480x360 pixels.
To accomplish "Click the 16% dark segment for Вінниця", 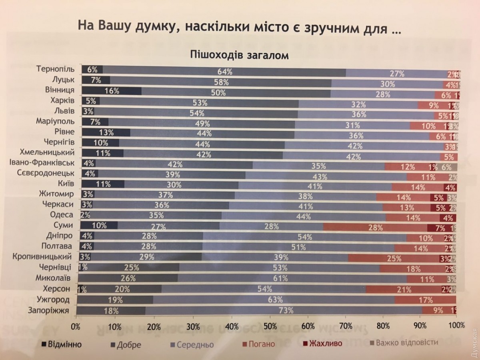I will click(x=112, y=91).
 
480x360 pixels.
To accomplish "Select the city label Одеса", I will click(x=62, y=215).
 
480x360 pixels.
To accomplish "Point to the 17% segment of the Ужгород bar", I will click(x=425, y=300).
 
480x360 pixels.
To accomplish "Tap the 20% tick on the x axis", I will click(x=153, y=325).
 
